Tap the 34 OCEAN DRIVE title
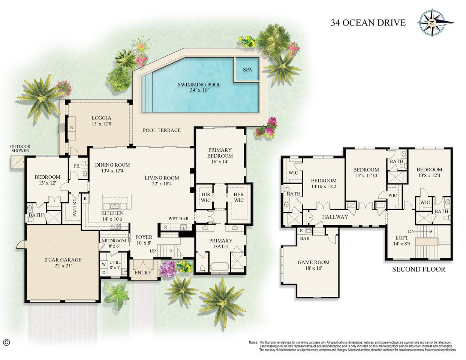pyautogui.click(x=368, y=22)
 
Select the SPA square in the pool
pyautogui.click(x=247, y=69)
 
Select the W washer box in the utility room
pyautogui.click(x=104, y=264)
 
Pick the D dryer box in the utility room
pyautogui.click(x=104, y=272)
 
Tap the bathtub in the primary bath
pyautogui.click(x=220, y=267)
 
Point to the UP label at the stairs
pyautogui.click(x=153, y=251)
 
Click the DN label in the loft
pyautogui.click(x=411, y=231)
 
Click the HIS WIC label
pyautogui.click(x=206, y=197)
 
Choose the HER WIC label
pyautogui.click(x=239, y=197)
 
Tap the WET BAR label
pyautogui.click(x=178, y=218)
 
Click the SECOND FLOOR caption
pyautogui.click(x=419, y=269)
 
